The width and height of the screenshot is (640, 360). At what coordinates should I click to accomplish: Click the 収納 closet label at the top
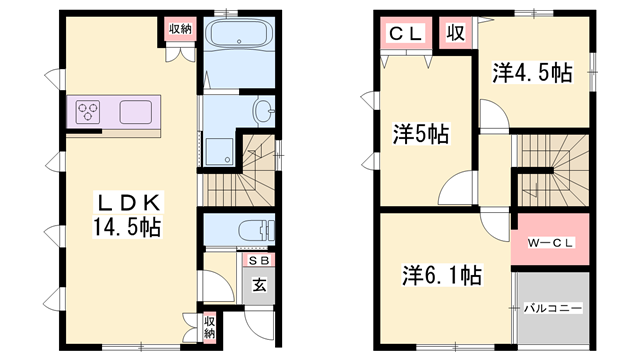coord(180,28)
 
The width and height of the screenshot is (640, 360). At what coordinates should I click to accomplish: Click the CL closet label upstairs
coord(405,33)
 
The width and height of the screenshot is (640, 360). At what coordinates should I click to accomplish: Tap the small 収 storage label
coord(455,33)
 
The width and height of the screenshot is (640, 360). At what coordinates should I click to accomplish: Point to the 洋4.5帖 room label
coord(532,73)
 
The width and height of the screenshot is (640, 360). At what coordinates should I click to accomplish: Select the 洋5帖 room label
coord(420,133)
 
